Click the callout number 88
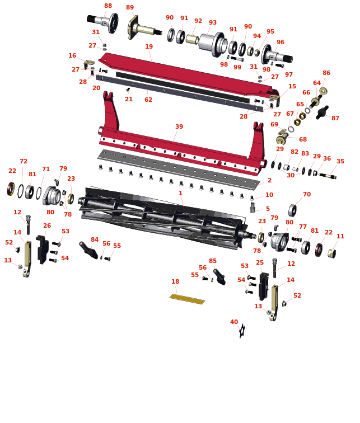[x=108, y=6]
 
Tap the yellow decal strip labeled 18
[x=188, y=299]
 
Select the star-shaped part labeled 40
[x=242, y=331]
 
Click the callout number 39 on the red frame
[x=179, y=126]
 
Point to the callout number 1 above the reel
[x=180, y=193]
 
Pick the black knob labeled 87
[x=322, y=112]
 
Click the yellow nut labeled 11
[x=331, y=253]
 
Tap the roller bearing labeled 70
[x=292, y=210]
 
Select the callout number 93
[x=213, y=22]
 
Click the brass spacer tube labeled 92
[x=193, y=39]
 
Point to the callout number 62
[x=148, y=100]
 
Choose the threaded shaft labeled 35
[x=328, y=176]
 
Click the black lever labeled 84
[x=88, y=250]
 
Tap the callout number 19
[x=149, y=46]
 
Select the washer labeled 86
[x=323, y=91]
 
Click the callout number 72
[x=24, y=161]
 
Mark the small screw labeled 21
[x=128, y=90]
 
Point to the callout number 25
[x=260, y=262]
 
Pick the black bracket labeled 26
[x=42, y=250]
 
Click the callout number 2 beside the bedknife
[x=269, y=180]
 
